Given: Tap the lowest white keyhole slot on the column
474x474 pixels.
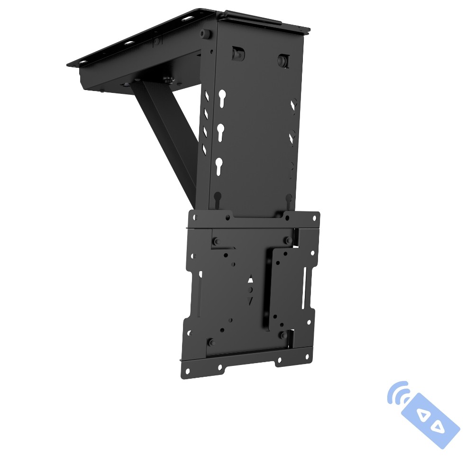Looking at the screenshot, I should pyautogui.click(x=219, y=165).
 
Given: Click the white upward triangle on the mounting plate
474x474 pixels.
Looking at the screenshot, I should pyautogui.click(x=251, y=280).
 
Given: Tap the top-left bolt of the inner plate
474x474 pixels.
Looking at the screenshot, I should pyautogui.click(x=216, y=242).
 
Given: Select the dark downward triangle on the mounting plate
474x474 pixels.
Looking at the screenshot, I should pyautogui.click(x=250, y=300).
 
